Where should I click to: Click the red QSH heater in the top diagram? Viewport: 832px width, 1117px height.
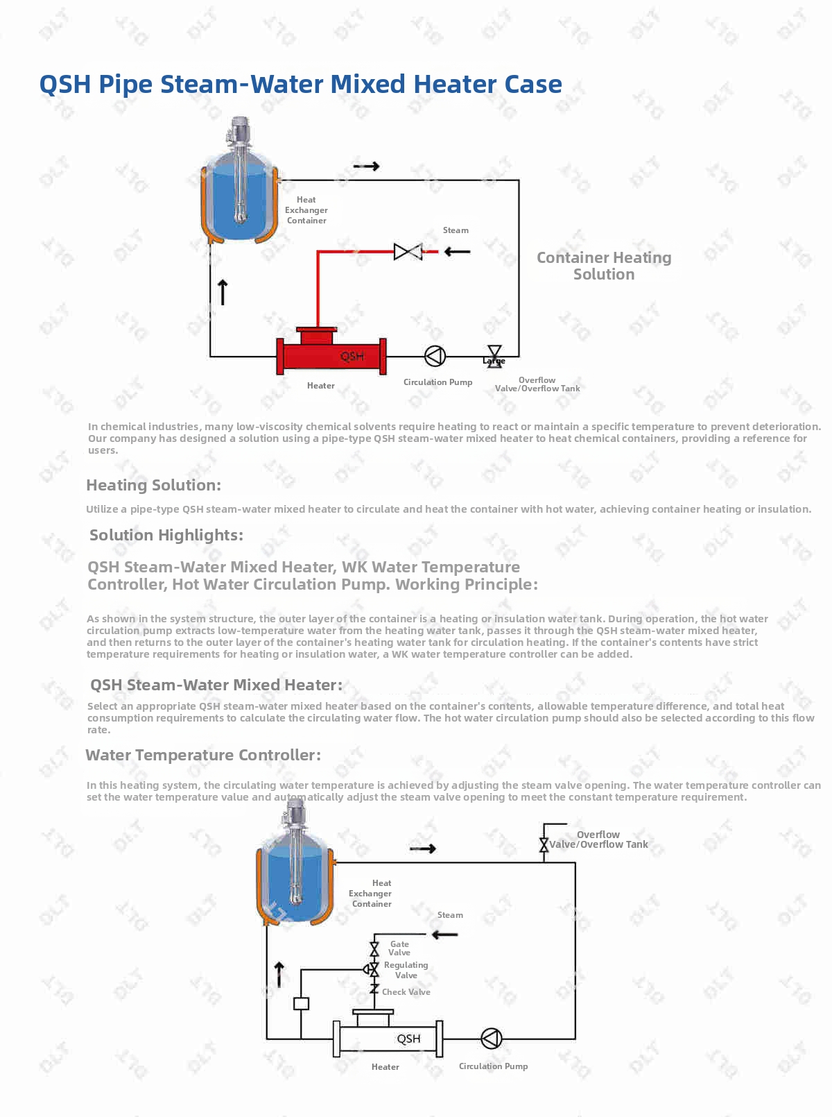(x=331, y=355)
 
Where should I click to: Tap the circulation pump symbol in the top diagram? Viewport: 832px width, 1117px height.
(x=435, y=356)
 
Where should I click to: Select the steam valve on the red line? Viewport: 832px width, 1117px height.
(x=408, y=251)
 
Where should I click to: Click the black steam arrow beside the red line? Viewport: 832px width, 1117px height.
(x=457, y=251)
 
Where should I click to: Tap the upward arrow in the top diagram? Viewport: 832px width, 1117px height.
(x=223, y=292)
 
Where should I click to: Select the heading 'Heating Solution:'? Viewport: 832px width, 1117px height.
(x=153, y=485)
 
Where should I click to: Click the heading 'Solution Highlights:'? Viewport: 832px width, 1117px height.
(x=166, y=535)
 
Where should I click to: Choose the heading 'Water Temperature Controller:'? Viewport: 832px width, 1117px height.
(x=203, y=755)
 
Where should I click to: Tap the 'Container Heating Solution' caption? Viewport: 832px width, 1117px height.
(x=604, y=266)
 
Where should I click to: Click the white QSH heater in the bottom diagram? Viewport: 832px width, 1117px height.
(x=388, y=1038)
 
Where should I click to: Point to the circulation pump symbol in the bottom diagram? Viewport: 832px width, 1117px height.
(x=491, y=1039)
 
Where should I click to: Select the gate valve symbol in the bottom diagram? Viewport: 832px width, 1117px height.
(x=374, y=948)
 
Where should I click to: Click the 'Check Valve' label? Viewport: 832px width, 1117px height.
(x=406, y=992)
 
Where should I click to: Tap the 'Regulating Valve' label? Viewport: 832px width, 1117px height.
(x=406, y=970)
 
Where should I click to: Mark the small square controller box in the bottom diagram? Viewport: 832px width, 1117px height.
(x=301, y=1003)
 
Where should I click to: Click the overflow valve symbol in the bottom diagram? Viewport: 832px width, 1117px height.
(x=544, y=845)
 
